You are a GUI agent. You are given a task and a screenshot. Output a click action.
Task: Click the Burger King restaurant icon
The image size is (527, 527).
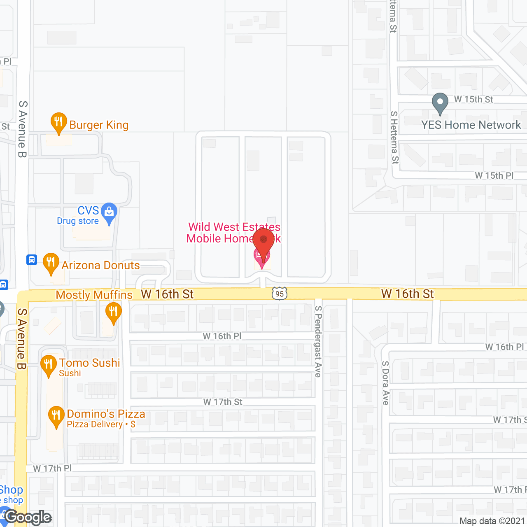(x=59, y=122)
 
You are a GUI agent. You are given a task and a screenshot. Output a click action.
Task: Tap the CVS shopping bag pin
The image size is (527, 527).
(x=109, y=212)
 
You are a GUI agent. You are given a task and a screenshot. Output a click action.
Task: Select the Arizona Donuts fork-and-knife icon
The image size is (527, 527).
(x=51, y=262)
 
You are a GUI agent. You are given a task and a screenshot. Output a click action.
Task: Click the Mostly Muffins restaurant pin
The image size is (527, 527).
(x=113, y=312)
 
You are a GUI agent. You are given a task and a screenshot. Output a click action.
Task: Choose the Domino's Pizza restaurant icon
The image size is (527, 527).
(x=56, y=416)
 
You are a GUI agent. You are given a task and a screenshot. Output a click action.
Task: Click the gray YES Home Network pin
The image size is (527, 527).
(x=440, y=102)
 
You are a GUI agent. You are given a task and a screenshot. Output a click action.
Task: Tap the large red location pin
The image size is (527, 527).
(x=263, y=241)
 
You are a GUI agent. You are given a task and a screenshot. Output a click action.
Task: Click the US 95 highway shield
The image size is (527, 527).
(x=280, y=294)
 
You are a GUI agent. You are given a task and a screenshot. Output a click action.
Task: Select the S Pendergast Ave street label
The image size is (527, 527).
(x=318, y=342)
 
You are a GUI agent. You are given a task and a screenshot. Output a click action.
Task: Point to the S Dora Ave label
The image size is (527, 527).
(x=385, y=383)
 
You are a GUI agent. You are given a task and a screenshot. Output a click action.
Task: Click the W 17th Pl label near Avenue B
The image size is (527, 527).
(x=52, y=469)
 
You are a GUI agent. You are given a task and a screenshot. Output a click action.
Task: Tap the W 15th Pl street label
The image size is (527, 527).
(x=494, y=176)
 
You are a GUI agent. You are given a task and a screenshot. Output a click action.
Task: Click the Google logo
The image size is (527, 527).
(x=28, y=517)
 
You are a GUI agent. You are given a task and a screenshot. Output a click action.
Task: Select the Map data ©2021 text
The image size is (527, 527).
(x=492, y=521)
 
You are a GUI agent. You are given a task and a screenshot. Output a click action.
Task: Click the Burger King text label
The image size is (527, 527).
(x=99, y=125)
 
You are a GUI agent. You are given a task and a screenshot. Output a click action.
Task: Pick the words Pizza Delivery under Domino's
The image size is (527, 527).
(x=95, y=424)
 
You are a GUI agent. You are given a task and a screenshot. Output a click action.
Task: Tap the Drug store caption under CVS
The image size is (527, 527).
(x=78, y=221)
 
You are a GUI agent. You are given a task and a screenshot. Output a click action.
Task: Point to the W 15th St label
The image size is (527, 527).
(x=473, y=100)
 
